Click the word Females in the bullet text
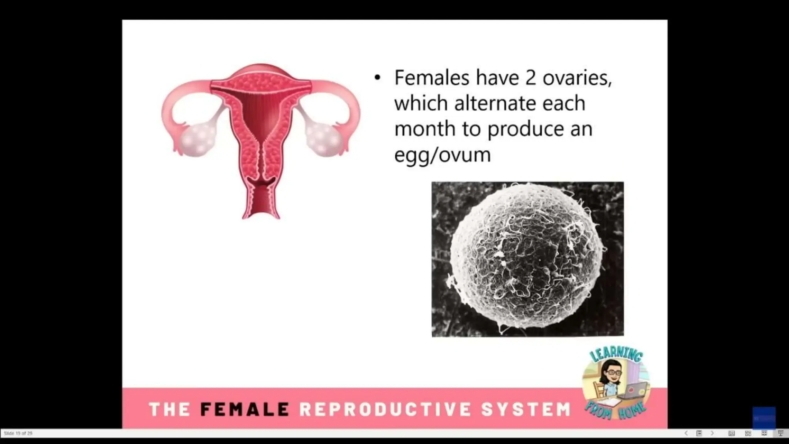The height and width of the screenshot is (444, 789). point(431,78)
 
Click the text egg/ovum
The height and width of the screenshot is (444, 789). point(442,155)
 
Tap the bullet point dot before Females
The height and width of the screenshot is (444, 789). point(377,78)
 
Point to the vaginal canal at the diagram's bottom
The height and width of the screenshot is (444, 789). point(261,202)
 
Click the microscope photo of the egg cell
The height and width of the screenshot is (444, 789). point(527,259)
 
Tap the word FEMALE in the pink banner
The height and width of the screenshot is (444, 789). point(245,409)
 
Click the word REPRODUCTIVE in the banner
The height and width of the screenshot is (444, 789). point(385,409)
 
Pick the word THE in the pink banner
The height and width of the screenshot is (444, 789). point(169,409)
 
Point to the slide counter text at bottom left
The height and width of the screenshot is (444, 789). point(18,434)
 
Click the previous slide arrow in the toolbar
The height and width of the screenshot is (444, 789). point(686,433)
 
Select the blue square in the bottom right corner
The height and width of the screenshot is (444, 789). point(764,418)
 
